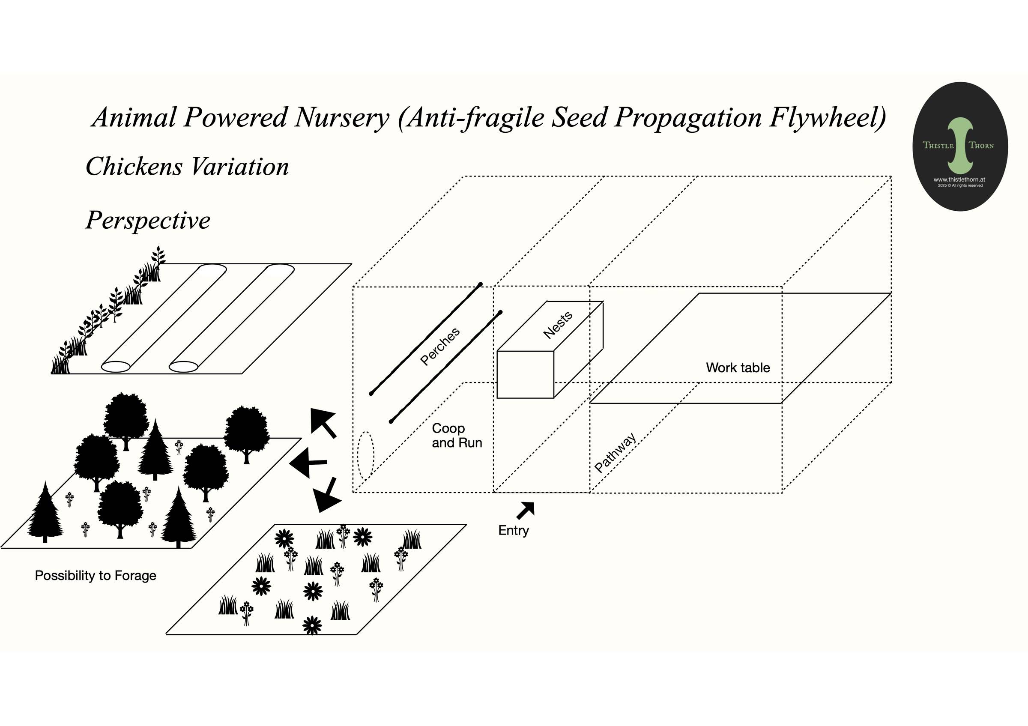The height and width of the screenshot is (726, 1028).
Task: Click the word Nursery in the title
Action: (x=342, y=117)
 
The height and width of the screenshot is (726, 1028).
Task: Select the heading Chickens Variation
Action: (x=187, y=167)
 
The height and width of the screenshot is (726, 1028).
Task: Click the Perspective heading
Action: (x=148, y=220)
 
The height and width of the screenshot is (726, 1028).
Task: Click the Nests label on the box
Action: (x=558, y=325)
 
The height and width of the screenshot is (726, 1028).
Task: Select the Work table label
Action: (x=738, y=367)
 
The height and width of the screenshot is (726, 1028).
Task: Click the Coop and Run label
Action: (x=457, y=436)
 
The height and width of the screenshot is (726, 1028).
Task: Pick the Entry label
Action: (x=514, y=530)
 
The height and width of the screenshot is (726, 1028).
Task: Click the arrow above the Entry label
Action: (x=526, y=510)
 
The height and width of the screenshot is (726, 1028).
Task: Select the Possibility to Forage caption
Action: (x=96, y=576)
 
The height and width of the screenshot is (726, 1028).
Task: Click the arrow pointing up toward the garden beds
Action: (x=323, y=422)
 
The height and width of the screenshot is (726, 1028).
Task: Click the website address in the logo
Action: (x=959, y=179)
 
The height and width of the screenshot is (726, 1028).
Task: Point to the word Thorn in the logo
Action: (x=981, y=146)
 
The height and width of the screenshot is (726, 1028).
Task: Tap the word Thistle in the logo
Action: (x=938, y=145)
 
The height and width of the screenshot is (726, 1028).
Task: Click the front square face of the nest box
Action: (x=525, y=375)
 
